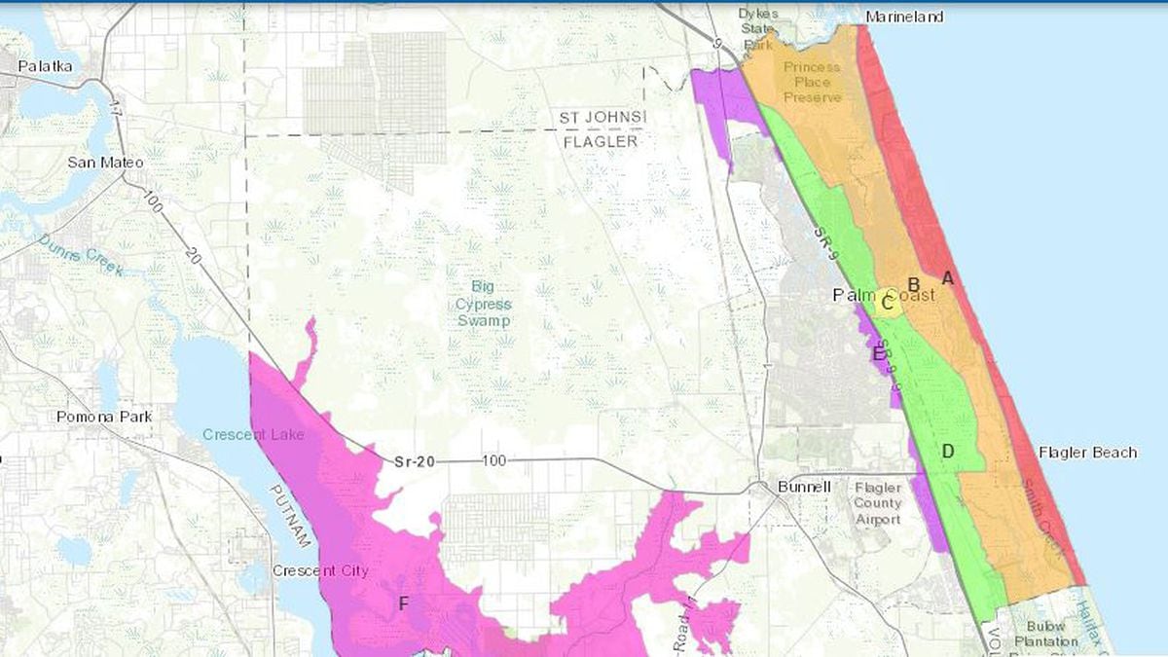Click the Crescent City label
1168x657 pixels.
(320, 570)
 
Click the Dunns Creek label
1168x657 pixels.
(82, 255)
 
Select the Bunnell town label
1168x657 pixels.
(804, 487)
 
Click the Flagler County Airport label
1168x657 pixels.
(877, 503)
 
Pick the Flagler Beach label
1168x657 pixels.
(1087, 453)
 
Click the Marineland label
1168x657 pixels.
(904, 18)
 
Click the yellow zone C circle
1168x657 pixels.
(887, 302)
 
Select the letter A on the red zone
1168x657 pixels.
(948, 278)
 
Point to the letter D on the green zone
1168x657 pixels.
(947, 450)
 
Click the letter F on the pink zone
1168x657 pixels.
(404, 603)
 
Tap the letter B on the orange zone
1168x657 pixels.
(914, 283)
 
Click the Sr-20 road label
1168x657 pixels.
(414, 462)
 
